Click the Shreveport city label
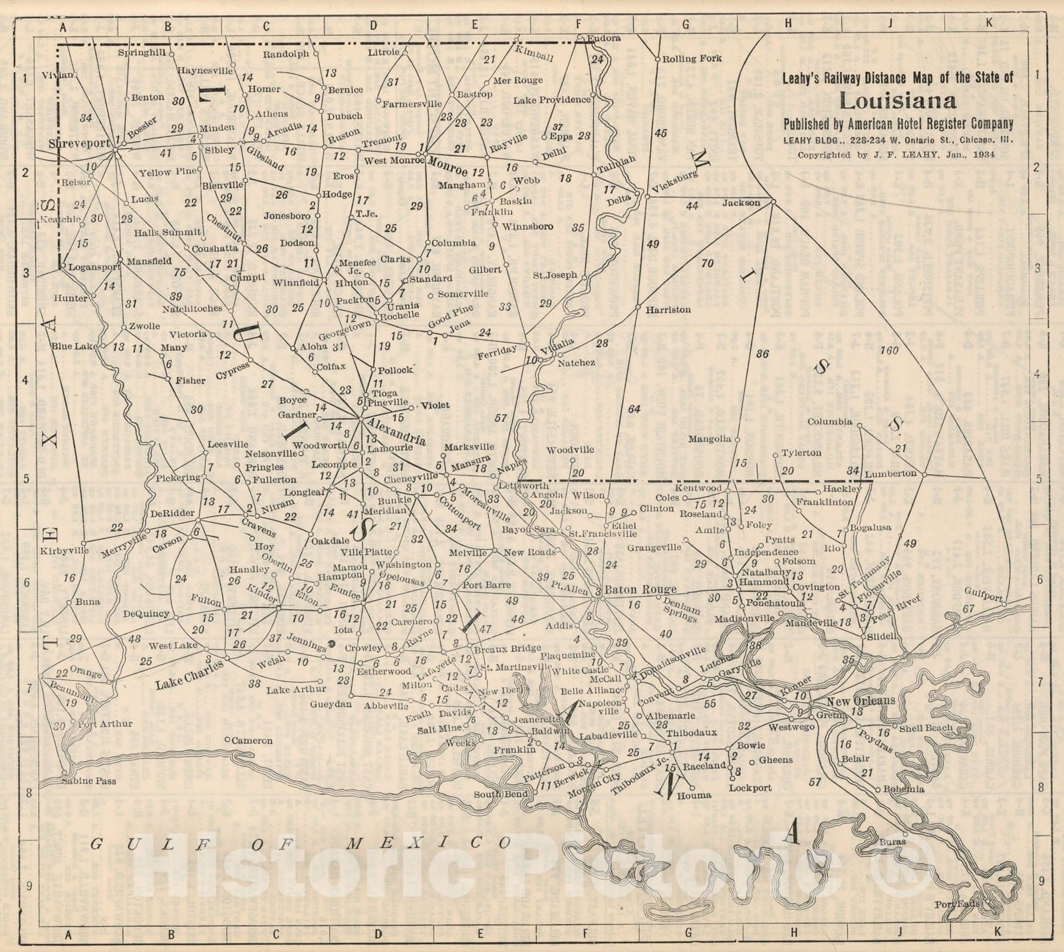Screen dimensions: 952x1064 point(78,143)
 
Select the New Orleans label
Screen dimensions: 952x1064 point(861,701)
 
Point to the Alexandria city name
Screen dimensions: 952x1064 point(396,431)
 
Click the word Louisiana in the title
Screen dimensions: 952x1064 point(897,101)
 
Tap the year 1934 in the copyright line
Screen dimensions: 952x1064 point(982,154)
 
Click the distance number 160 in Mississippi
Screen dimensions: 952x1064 point(888,350)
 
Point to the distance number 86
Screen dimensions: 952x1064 point(762,354)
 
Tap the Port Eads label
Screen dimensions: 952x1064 point(953,904)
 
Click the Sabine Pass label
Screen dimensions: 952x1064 point(88,780)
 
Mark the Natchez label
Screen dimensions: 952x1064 point(576,363)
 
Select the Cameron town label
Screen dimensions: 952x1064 point(251,740)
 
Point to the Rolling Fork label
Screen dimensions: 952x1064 point(692,59)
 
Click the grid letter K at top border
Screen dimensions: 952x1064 point(989,22)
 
